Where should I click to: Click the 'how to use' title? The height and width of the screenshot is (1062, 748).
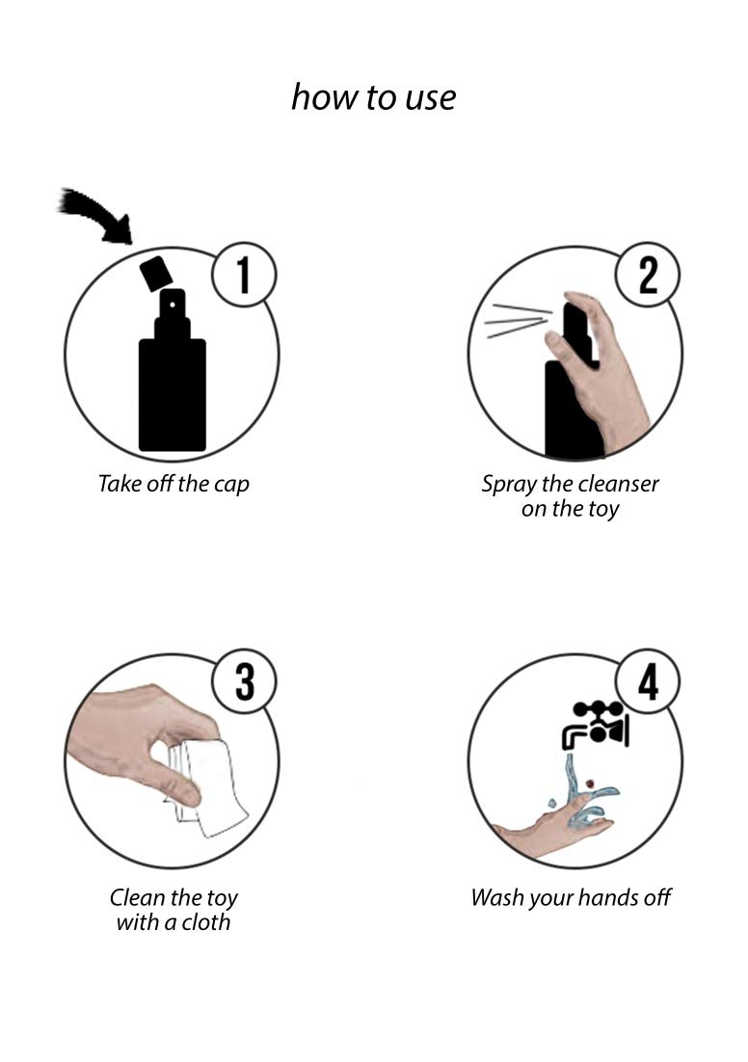pos(373,97)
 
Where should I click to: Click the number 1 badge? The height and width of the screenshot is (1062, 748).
pos(244,275)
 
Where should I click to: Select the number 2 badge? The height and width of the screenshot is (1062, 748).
pos(648,275)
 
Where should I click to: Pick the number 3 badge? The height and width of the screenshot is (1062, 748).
pos(244,680)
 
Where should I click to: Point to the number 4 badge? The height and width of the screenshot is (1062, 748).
pos(648,680)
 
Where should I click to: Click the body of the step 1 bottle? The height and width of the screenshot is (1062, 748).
pos(173,395)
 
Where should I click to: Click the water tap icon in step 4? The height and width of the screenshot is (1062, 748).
pos(596,725)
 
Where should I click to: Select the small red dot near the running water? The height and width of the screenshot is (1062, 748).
pos(590,783)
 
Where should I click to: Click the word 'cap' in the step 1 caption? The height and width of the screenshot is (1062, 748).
pos(231,485)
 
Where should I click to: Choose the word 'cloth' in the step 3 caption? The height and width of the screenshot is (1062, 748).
pos(206,922)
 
